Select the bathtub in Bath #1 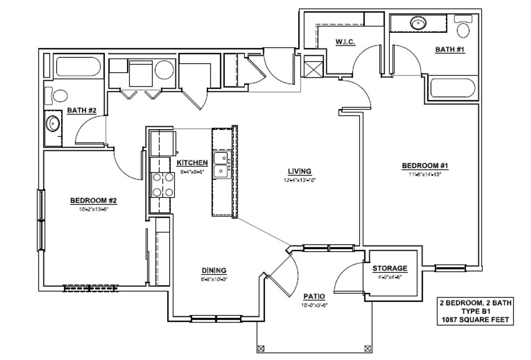[x=453, y=88]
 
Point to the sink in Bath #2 [x=53, y=124]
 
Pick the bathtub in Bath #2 [x=79, y=67]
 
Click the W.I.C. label [x=345, y=42]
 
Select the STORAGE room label [x=389, y=268]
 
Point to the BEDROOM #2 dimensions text [x=94, y=209]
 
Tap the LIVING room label [x=299, y=171]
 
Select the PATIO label [x=314, y=296]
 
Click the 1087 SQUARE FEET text [x=475, y=320]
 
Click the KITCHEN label [x=192, y=163]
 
